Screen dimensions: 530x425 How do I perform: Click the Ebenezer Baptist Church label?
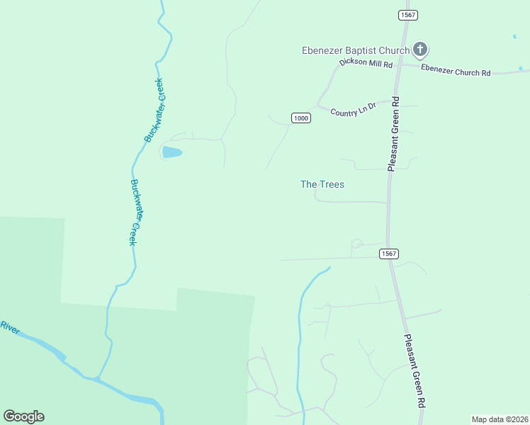[x=356, y=50]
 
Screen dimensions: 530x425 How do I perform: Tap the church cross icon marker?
[x=420, y=49]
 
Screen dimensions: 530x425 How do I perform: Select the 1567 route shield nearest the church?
[x=407, y=15]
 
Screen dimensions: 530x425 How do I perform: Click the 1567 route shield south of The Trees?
[x=388, y=254]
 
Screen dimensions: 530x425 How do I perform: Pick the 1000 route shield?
[x=300, y=118]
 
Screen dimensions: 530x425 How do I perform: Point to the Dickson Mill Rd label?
[x=366, y=64]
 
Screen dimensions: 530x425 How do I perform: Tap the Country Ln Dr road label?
[x=352, y=112]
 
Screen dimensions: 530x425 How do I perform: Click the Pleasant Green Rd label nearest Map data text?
[x=414, y=370]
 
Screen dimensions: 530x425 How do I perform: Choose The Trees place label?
[x=322, y=184]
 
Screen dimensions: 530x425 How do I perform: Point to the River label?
[x=9, y=327]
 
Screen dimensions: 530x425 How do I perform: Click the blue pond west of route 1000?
[x=171, y=152]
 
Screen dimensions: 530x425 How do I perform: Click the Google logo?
[x=23, y=416]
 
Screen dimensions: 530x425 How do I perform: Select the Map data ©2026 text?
[x=500, y=419]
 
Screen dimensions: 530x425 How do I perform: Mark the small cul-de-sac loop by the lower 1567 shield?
[x=356, y=245]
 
